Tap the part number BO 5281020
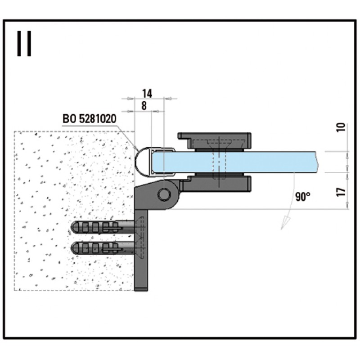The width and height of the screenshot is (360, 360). (x=89, y=119)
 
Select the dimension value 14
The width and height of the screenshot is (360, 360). (x=147, y=94)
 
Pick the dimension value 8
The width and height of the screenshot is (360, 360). (x=144, y=106)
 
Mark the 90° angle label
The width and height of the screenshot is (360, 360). (x=303, y=197)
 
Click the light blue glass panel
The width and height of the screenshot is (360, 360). (x=270, y=161)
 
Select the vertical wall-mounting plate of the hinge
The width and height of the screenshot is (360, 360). (x=141, y=243)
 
